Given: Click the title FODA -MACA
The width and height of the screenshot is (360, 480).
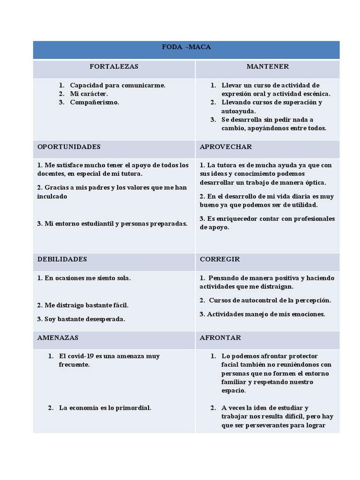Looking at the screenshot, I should coord(186,47).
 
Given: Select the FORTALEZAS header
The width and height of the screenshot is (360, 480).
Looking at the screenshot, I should coord(114,67).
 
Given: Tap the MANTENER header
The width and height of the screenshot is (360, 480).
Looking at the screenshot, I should coord(268,67).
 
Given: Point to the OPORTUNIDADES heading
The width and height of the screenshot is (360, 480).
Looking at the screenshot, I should coord(69,147).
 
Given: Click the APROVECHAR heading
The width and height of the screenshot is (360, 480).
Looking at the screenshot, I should coord(225,147).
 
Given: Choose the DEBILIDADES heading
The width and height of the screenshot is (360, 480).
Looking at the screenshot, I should coord(62,259).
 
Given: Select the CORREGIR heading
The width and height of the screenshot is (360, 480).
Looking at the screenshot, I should coord(220,259).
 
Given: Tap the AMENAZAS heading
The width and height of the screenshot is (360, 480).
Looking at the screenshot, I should coord(58,337).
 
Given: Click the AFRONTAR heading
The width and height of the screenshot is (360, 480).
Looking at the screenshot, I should coord(220,337).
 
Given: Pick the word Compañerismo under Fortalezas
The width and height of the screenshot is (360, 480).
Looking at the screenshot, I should coord(94,102).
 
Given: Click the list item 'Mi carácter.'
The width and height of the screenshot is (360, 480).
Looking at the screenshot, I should coord(89,94).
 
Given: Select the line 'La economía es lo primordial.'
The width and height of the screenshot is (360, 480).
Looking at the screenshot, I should coord(105,408).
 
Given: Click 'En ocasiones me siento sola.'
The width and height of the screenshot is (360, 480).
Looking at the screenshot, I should coord(84,278).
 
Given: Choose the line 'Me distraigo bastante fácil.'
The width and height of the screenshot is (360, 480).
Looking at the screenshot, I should coord(82,305).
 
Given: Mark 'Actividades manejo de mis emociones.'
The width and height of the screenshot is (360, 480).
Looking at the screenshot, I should coord(266,314).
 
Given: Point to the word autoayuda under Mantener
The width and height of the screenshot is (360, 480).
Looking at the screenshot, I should coord(238,111).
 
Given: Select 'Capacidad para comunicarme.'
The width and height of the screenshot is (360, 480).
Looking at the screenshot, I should coord(118,85).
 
